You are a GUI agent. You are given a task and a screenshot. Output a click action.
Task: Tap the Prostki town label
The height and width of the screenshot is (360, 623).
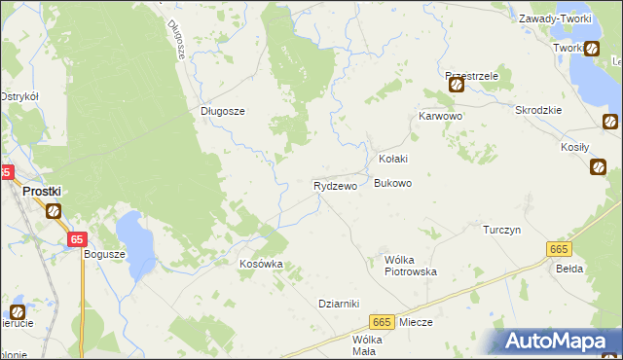pyautogui.click(x=44, y=192)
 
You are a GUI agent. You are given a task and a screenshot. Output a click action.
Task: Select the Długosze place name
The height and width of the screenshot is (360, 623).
pyautogui.click(x=223, y=111)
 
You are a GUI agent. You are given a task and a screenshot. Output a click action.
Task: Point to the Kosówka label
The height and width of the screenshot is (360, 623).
pyautogui.click(x=261, y=264)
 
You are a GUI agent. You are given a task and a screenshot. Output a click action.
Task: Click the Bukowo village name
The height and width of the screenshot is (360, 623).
pyautogui.click(x=393, y=183)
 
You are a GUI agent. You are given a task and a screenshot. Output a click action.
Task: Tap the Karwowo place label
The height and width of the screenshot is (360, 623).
pyautogui.click(x=440, y=116)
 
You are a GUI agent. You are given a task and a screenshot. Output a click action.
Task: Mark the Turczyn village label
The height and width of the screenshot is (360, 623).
pyautogui.click(x=503, y=230)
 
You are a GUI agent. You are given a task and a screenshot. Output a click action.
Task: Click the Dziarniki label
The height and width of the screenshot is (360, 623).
pyautogui.click(x=340, y=303)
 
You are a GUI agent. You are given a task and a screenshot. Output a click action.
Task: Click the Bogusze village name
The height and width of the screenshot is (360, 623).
pyautogui.click(x=105, y=254)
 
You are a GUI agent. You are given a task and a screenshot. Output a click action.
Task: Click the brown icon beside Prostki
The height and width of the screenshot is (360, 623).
pyautogui.click(x=54, y=210)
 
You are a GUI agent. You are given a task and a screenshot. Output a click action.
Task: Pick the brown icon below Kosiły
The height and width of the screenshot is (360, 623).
pyautogui.click(x=597, y=166)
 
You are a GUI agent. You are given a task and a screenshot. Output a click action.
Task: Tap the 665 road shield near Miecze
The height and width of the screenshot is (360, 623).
pyautogui.click(x=382, y=322)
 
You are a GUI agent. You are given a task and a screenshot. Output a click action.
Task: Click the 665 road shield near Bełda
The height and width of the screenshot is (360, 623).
pyautogui.click(x=557, y=250)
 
